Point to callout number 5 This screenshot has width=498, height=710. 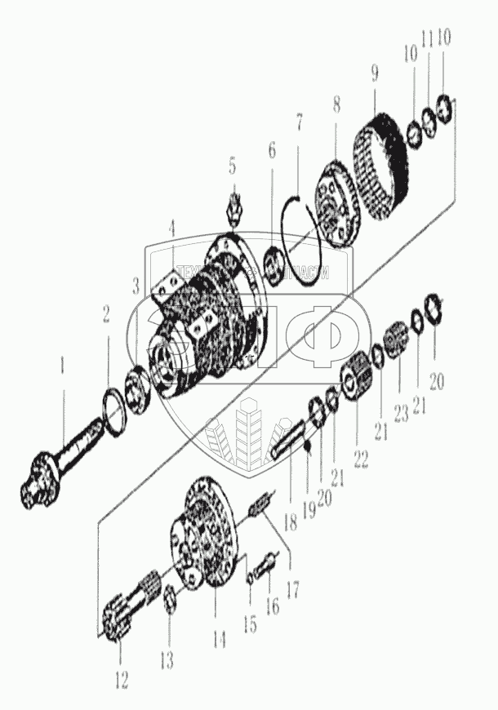tap(233, 168)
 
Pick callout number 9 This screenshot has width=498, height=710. tap(374, 74)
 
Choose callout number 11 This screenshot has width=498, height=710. tap(426, 38)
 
